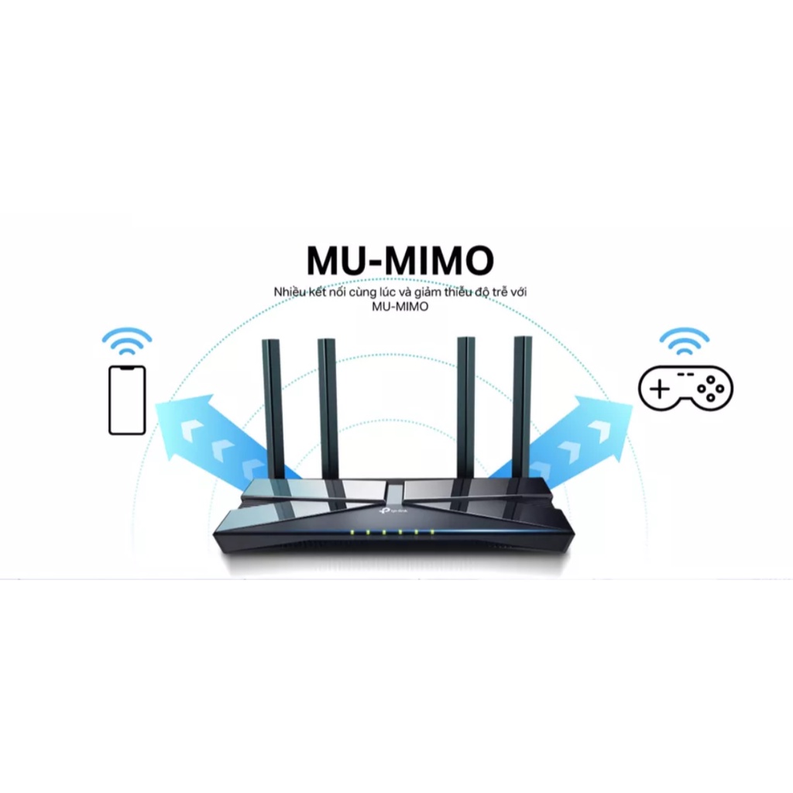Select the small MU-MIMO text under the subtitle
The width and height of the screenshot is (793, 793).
(400, 307)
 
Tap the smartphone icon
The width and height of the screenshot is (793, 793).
(127, 400)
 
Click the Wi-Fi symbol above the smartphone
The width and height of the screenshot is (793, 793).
(126, 340)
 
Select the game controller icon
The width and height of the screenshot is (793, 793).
(685, 387)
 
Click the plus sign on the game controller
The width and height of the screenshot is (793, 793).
(659, 388)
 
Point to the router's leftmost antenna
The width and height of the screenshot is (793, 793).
(270, 407)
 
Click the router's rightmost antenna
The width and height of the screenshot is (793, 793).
(523, 407)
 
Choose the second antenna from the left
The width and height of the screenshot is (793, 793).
(327, 407)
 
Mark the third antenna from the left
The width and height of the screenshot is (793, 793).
(465, 407)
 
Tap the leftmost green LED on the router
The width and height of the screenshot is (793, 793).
(352, 533)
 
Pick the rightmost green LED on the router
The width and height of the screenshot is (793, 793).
(431, 533)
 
